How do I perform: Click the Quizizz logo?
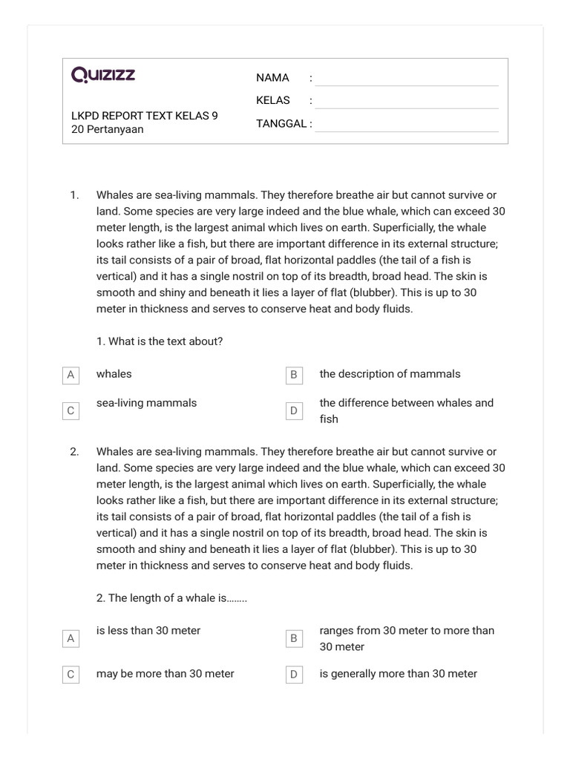(103, 75)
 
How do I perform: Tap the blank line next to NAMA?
(406, 79)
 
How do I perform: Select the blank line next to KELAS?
(406, 102)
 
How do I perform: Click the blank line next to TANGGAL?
(406, 125)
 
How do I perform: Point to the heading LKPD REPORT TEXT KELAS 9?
(145, 116)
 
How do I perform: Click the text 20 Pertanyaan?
(108, 130)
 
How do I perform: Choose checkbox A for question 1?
(71, 376)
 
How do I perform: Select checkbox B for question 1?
(294, 376)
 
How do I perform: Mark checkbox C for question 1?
(71, 411)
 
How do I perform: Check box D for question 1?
(294, 411)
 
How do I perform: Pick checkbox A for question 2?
(71, 638)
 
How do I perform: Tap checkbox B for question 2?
(294, 638)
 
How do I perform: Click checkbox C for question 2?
(71, 675)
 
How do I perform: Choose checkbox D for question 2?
(294, 675)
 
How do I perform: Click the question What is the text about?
(160, 341)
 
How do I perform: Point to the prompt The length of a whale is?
(171, 598)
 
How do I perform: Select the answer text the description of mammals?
(390, 374)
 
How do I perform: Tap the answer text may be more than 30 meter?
(165, 674)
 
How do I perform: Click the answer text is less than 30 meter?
(148, 631)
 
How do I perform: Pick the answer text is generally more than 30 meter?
(398, 674)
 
